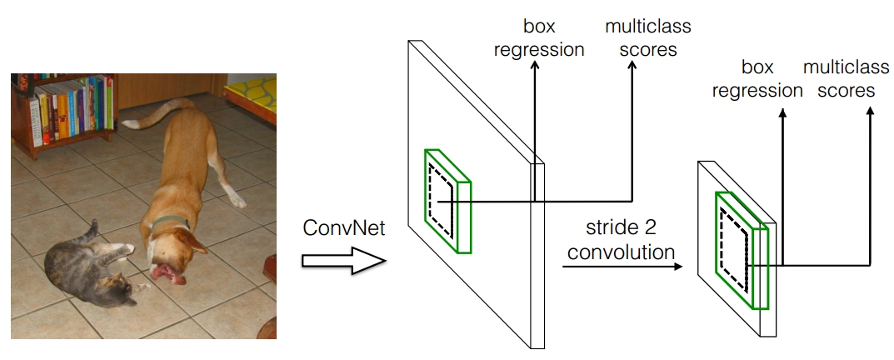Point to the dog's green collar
(171, 222)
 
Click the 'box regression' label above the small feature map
(757, 78)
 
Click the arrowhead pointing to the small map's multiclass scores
(870, 112)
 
